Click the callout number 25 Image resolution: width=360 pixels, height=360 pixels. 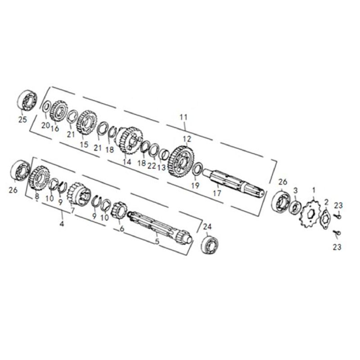[23, 119]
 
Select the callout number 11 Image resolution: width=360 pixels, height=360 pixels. [184, 117]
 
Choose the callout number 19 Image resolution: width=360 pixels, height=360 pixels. [195, 185]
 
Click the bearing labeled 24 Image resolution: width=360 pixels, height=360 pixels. [210, 243]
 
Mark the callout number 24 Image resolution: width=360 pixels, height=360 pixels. [207, 227]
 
